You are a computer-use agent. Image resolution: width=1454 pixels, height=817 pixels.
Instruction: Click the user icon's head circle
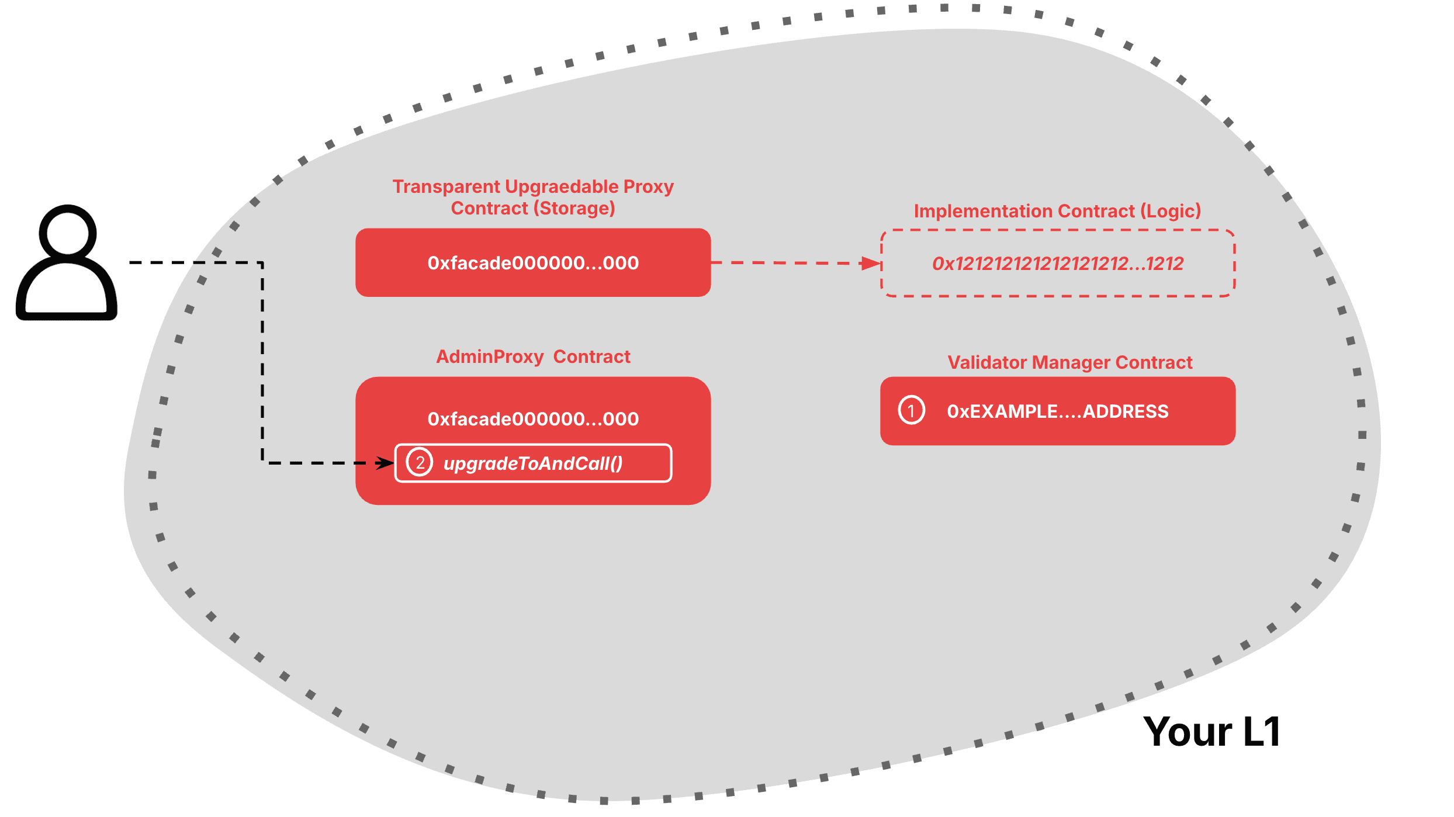[x=68, y=233]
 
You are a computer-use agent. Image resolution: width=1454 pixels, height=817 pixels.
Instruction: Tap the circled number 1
[x=911, y=410]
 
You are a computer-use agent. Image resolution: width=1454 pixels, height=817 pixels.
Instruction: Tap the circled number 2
[x=420, y=463]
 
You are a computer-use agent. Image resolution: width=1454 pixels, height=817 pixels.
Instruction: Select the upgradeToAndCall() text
[x=533, y=463]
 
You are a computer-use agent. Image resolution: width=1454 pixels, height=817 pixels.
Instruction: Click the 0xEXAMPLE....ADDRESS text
[x=1057, y=411]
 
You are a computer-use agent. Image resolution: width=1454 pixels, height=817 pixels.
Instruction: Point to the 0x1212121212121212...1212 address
[x=1058, y=264]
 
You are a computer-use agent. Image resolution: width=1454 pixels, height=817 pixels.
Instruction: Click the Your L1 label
[x=1212, y=732]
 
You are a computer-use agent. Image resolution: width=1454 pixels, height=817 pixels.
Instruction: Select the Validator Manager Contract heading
[x=1069, y=362]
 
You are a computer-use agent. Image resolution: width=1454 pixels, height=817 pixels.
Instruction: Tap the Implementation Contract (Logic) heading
[x=1057, y=211]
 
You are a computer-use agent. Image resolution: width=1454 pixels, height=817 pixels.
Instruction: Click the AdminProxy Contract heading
[x=533, y=356]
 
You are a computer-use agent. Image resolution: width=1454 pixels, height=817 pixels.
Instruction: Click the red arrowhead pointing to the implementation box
[x=872, y=264]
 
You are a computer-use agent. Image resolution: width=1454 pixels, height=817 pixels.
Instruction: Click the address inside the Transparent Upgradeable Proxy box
[x=533, y=263]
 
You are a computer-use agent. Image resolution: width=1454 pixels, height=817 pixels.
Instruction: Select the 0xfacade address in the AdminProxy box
[x=533, y=419]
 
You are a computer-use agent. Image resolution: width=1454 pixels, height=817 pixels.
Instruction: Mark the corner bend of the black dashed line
[x=262, y=264]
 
